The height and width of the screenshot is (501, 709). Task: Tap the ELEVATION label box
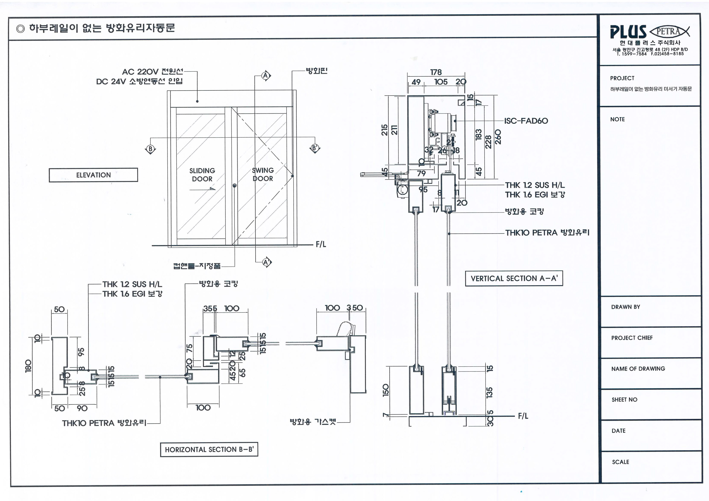[x=93, y=175]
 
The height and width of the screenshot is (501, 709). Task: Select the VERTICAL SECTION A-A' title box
[x=514, y=278]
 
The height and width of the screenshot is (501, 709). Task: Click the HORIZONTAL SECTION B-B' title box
[x=209, y=450]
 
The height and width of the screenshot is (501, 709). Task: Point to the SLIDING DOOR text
[x=202, y=175]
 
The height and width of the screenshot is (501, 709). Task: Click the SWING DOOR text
[x=263, y=174]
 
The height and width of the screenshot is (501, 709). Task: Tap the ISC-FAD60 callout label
[x=526, y=121]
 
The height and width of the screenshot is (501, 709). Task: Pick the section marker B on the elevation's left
[x=150, y=149]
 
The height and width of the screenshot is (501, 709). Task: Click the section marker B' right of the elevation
[x=315, y=148]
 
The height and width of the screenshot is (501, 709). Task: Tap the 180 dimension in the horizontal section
[x=28, y=366]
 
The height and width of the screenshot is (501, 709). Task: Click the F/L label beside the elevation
[x=321, y=244]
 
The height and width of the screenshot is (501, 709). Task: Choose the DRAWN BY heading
[x=625, y=307]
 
